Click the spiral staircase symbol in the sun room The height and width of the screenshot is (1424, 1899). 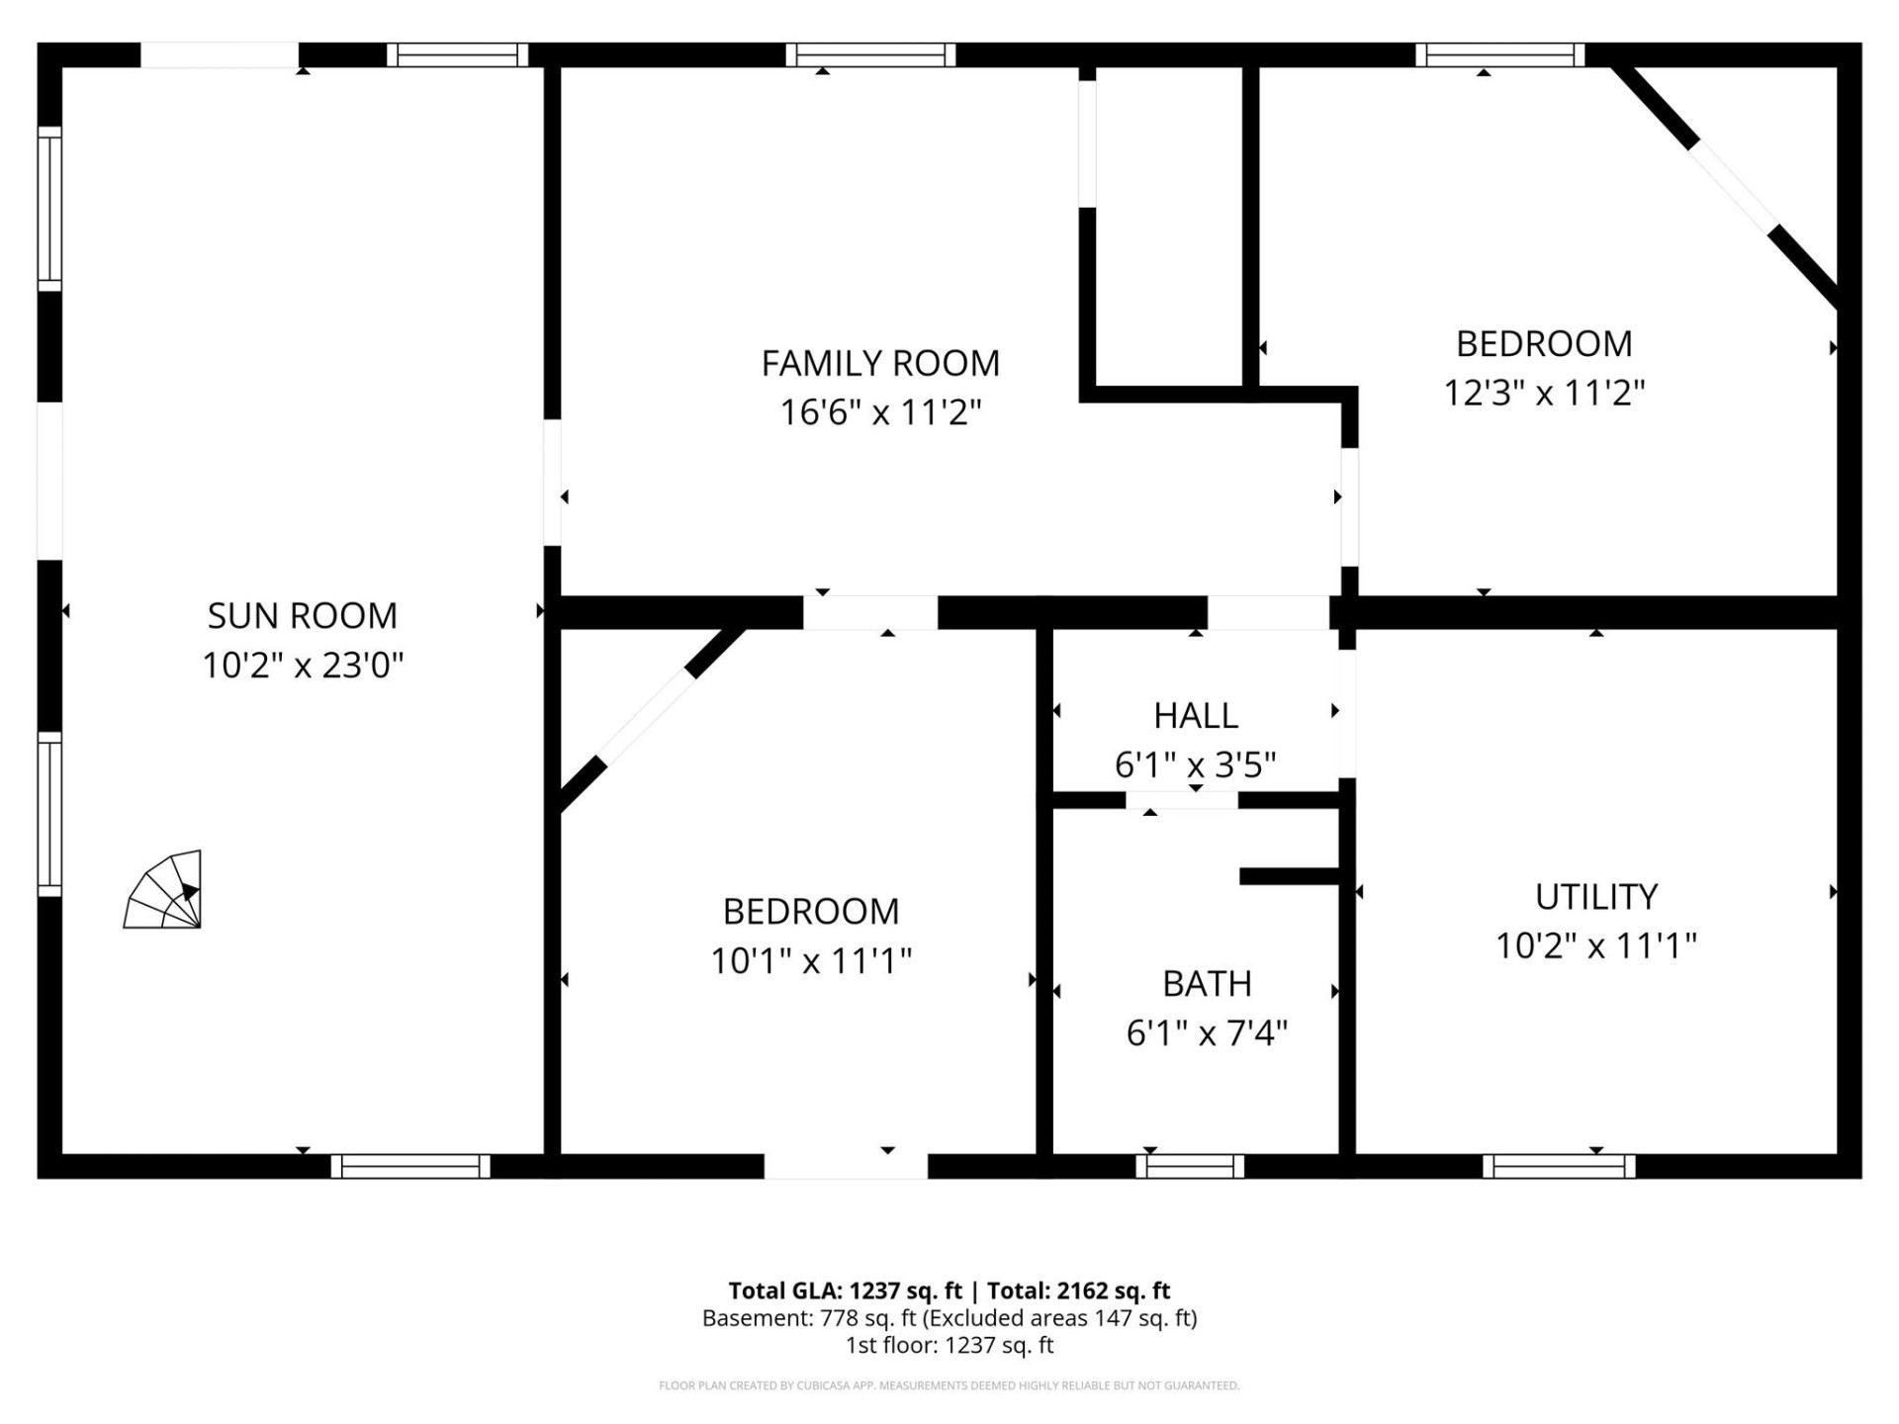click(x=164, y=891)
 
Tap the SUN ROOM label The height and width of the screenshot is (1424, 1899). click(x=303, y=616)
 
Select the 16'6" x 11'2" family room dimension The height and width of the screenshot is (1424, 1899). click(x=880, y=412)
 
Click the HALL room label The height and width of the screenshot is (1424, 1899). click(x=1195, y=716)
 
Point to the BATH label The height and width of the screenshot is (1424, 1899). click(x=1207, y=984)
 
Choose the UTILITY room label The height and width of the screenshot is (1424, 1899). click(x=1595, y=897)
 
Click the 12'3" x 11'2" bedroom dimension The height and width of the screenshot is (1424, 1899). click(x=1543, y=394)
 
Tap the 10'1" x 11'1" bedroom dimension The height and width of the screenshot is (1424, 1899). click(x=811, y=960)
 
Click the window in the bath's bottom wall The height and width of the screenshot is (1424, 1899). click(x=1190, y=1167)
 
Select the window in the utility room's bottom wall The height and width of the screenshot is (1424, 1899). click(x=1559, y=1167)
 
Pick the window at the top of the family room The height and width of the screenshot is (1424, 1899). click(x=870, y=55)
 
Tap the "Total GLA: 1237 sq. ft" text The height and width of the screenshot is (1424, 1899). click(x=845, y=1290)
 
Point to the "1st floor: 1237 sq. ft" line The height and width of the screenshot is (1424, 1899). click(x=949, y=1345)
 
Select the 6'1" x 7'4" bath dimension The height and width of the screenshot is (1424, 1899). click(x=1207, y=1033)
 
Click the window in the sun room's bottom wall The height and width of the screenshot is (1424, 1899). click(x=410, y=1167)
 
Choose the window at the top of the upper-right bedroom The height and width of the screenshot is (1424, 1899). click(x=1499, y=55)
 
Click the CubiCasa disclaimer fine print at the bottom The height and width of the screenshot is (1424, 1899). click(x=949, y=1385)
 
